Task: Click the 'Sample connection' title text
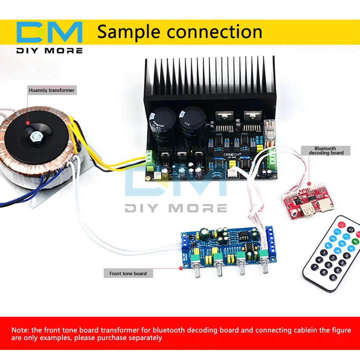tap(180, 32)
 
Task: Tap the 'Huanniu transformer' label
tap(51, 90)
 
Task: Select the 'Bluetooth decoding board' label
tap(325, 150)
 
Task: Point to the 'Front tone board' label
tap(128, 274)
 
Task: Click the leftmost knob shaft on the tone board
tap(197, 274)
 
